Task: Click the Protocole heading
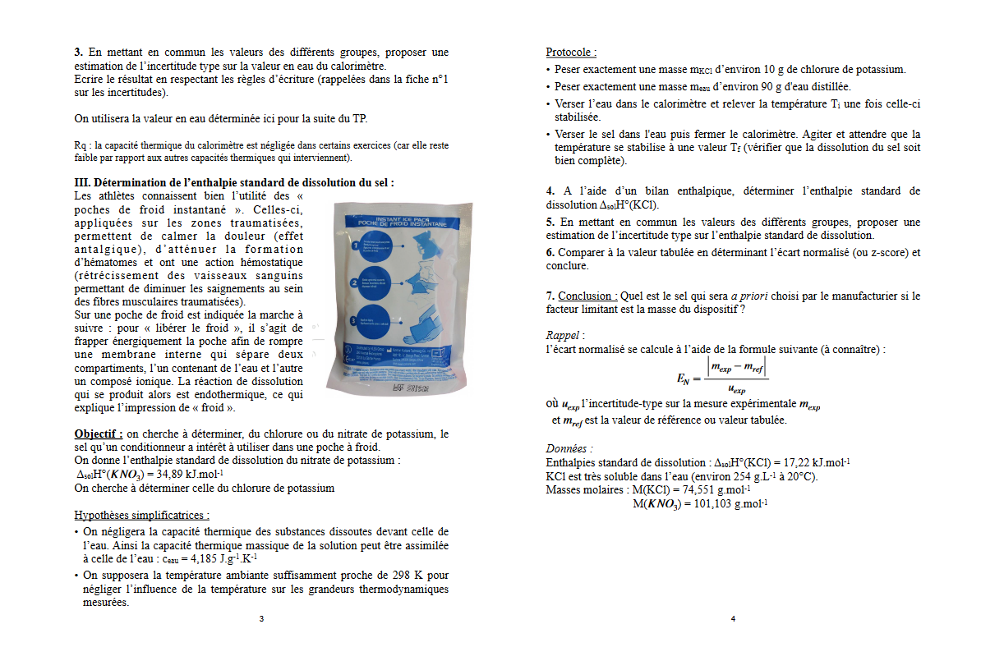coord(571,52)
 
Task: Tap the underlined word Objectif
coord(98,434)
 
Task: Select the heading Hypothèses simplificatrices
coord(141,516)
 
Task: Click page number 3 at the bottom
coord(261,618)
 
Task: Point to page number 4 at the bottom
coord(733,618)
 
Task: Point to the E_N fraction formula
coord(723,377)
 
